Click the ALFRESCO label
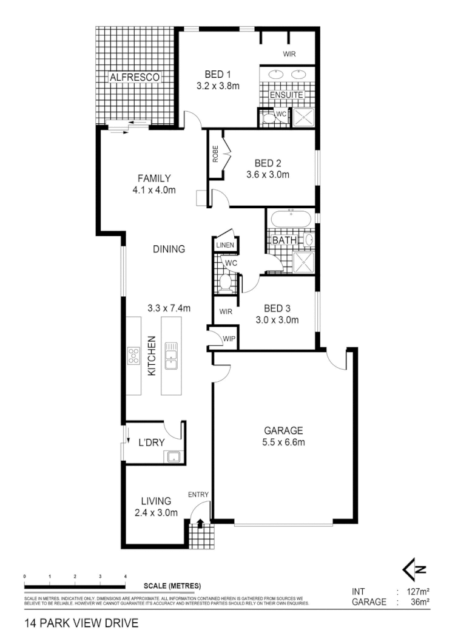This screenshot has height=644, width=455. pyautogui.click(x=134, y=77)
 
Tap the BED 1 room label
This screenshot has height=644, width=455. pyautogui.click(x=218, y=75)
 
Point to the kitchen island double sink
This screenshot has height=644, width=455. pyautogui.click(x=171, y=355)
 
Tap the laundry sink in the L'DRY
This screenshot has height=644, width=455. pyautogui.click(x=174, y=457)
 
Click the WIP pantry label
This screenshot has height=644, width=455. pyautogui.click(x=229, y=338)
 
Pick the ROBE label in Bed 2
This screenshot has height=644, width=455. pyautogui.click(x=215, y=155)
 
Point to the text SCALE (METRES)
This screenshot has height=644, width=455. pyautogui.click(x=172, y=586)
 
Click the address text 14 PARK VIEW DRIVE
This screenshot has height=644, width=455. pyautogui.click(x=81, y=623)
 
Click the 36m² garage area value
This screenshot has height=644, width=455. pyautogui.click(x=419, y=602)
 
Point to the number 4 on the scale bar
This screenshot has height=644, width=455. pyautogui.click(x=125, y=576)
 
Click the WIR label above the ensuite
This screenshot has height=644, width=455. pyautogui.click(x=289, y=54)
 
